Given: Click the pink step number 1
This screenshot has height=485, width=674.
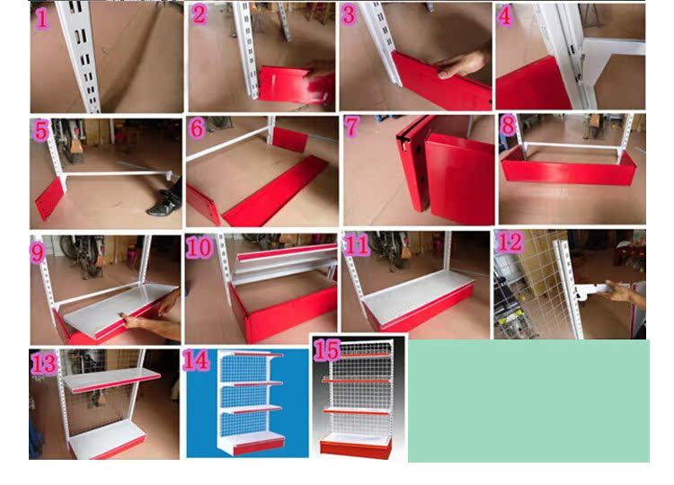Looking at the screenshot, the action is (41, 19).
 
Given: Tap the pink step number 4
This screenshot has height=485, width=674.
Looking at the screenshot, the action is (505, 16).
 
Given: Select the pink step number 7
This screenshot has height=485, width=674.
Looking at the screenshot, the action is (351, 127).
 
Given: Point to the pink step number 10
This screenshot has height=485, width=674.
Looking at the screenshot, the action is (200, 247).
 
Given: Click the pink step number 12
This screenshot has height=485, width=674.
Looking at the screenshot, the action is (510, 242).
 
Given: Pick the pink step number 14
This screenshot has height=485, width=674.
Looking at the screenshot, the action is (196, 360).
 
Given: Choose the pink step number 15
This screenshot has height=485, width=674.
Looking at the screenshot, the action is (327, 350).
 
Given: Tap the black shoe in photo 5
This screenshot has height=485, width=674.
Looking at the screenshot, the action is (165, 202).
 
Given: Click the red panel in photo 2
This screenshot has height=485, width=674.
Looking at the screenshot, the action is (297, 85).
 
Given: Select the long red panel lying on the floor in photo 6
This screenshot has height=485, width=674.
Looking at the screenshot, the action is (276, 190).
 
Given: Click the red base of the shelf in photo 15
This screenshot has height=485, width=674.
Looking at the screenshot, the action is (356, 448).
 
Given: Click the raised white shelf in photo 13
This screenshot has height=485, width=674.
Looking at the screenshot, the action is (111, 380).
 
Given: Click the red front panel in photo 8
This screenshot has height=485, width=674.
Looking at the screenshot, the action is (568, 169).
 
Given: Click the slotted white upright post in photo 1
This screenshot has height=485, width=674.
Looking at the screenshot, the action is (79, 57).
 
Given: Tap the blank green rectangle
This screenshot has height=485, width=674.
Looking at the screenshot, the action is (528, 401).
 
